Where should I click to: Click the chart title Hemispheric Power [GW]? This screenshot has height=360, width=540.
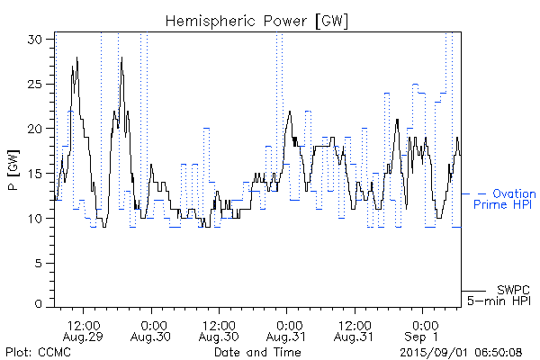tap(257, 20)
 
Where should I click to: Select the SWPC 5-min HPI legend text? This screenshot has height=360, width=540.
tap(500, 294)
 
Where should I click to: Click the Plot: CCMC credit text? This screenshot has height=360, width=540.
tap(38, 351)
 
